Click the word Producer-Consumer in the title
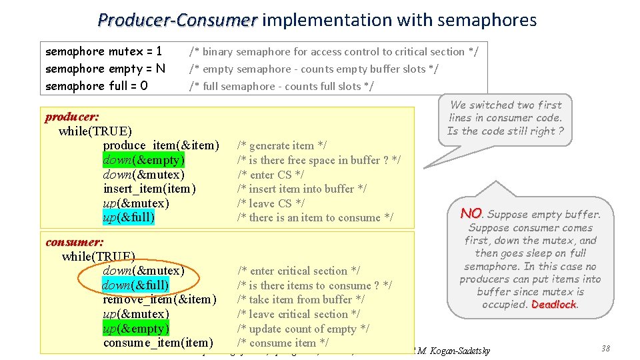coord(177,20)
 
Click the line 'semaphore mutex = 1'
coord(104,51)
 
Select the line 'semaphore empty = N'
coord(105,69)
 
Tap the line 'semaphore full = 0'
coord(97,86)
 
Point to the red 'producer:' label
coord(72,117)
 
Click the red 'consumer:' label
coord(74,242)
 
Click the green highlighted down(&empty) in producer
coord(143,160)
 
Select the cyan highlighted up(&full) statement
coord(129,217)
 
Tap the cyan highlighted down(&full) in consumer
coord(135,285)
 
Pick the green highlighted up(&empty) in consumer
coord(136,329)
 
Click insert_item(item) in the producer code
coord(149,189)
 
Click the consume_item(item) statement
coord(158,343)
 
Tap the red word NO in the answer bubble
coord(471,213)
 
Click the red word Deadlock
coord(554,305)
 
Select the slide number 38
coord(605,349)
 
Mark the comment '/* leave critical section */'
coord(299,314)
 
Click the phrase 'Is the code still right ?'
coord(505,131)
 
